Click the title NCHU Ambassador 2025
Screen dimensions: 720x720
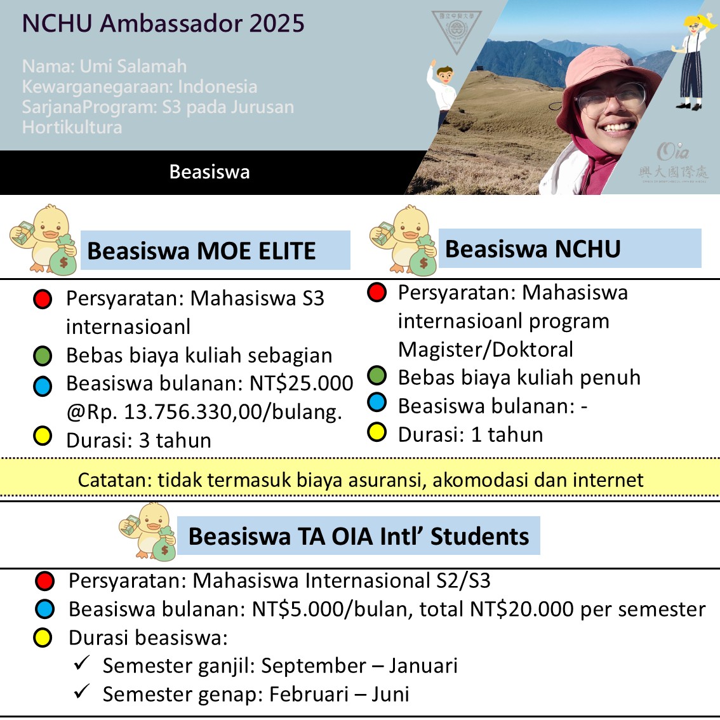tap(163, 23)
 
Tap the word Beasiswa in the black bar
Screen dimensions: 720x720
tap(210, 172)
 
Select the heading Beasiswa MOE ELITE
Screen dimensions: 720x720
tap(201, 251)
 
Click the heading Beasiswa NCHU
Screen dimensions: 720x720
tap(533, 249)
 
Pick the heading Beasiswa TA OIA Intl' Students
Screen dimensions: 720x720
tap(359, 537)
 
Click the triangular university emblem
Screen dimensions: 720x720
tap(456, 30)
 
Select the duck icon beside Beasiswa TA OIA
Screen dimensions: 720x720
tap(148, 531)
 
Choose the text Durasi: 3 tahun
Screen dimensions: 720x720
tap(138, 440)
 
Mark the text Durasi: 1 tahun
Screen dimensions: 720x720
tap(470, 434)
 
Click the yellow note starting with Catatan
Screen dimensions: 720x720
tap(360, 479)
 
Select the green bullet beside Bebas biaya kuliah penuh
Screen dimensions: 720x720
tap(377, 376)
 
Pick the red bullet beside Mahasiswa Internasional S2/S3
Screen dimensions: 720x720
tap(45, 580)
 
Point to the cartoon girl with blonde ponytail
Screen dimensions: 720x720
tap(693, 60)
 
